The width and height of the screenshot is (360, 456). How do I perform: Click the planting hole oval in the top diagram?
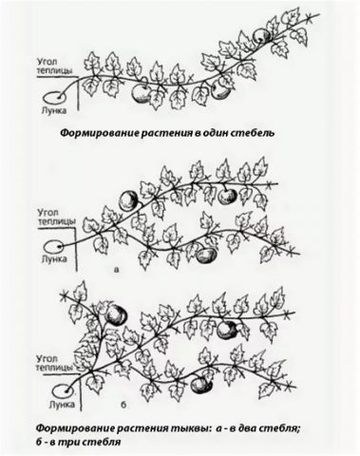(x=52, y=98)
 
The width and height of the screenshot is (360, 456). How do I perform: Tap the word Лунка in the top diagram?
(x=54, y=111)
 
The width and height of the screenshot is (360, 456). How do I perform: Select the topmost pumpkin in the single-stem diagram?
(x=262, y=35)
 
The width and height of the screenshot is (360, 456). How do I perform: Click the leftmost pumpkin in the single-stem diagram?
(x=141, y=94)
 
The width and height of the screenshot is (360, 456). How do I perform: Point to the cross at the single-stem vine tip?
(x=312, y=18)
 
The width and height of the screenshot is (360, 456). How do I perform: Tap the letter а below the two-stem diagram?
(x=116, y=270)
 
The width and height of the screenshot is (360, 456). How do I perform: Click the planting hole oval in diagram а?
(x=53, y=246)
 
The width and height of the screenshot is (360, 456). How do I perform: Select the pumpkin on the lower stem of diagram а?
(x=207, y=255)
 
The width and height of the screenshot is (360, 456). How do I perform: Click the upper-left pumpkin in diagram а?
(x=128, y=199)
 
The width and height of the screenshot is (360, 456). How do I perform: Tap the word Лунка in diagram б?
(x=62, y=405)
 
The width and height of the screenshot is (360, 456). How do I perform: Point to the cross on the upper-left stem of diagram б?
(x=66, y=296)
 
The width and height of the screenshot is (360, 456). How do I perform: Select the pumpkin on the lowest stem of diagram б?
(x=200, y=385)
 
